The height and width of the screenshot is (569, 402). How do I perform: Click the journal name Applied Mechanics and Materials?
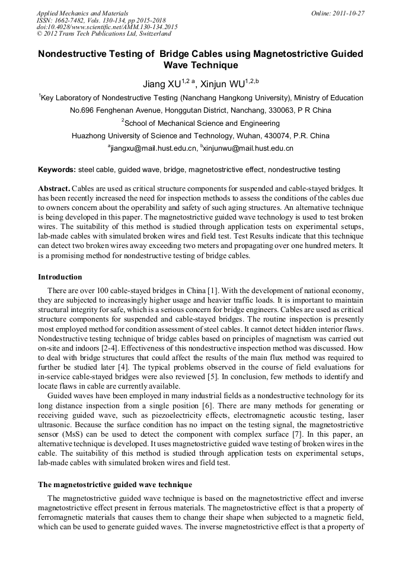click(82, 13)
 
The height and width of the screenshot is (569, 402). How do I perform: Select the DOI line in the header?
click(107, 27)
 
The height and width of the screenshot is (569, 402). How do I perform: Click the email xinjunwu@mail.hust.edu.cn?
click(249, 148)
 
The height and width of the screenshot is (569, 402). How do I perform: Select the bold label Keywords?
click(57, 170)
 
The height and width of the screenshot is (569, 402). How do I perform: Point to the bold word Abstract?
click(54, 188)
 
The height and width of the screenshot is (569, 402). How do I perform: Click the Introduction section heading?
click(60, 277)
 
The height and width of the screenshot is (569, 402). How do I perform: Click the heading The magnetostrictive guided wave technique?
click(115, 485)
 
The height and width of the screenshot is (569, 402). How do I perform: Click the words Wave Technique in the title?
click(200, 65)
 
